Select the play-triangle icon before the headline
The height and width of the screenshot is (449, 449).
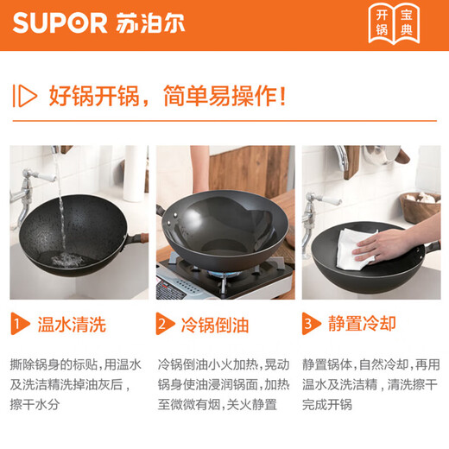[x=27, y=94]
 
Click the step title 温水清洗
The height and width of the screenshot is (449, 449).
[x=72, y=325]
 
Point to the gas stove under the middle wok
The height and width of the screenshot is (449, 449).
[x=220, y=276]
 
